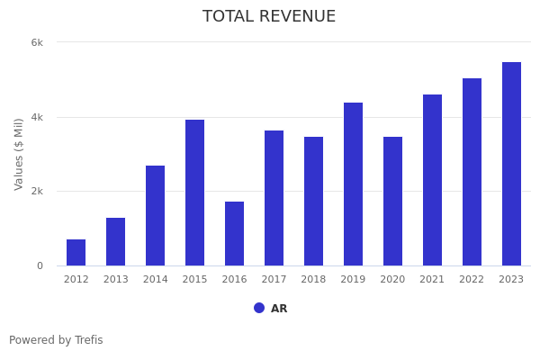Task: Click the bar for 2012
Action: pyautogui.click(x=76, y=252)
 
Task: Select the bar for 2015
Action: pyautogui.click(x=194, y=193)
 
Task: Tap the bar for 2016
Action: pyautogui.click(x=234, y=233)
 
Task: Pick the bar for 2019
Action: pyautogui.click(x=353, y=184)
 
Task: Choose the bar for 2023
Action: pyautogui.click(x=511, y=164)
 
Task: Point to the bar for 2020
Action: pyautogui.click(x=392, y=201)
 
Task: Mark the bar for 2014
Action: pyautogui.click(x=155, y=215)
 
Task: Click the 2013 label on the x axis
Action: pyautogui.click(x=115, y=280)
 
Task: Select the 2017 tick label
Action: pyautogui.click(x=274, y=280)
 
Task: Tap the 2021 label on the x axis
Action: pyautogui.click(x=432, y=280)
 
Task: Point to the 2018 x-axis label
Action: pyautogui.click(x=313, y=280)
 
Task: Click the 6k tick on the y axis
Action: pyautogui.click(x=37, y=42)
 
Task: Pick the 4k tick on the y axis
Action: pyautogui.click(x=37, y=117)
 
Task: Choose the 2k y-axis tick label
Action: pyautogui.click(x=37, y=192)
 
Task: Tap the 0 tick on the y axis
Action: pyautogui.click(x=40, y=265)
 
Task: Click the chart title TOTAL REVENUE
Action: pyautogui.click(x=269, y=17)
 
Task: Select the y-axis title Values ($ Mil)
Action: pyautogui.click(x=19, y=154)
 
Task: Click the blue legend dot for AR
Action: pyautogui.click(x=259, y=308)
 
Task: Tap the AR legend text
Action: pyautogui.click(x=279, y=309)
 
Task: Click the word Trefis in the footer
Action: pyautogui.click(x=88, y=340)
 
